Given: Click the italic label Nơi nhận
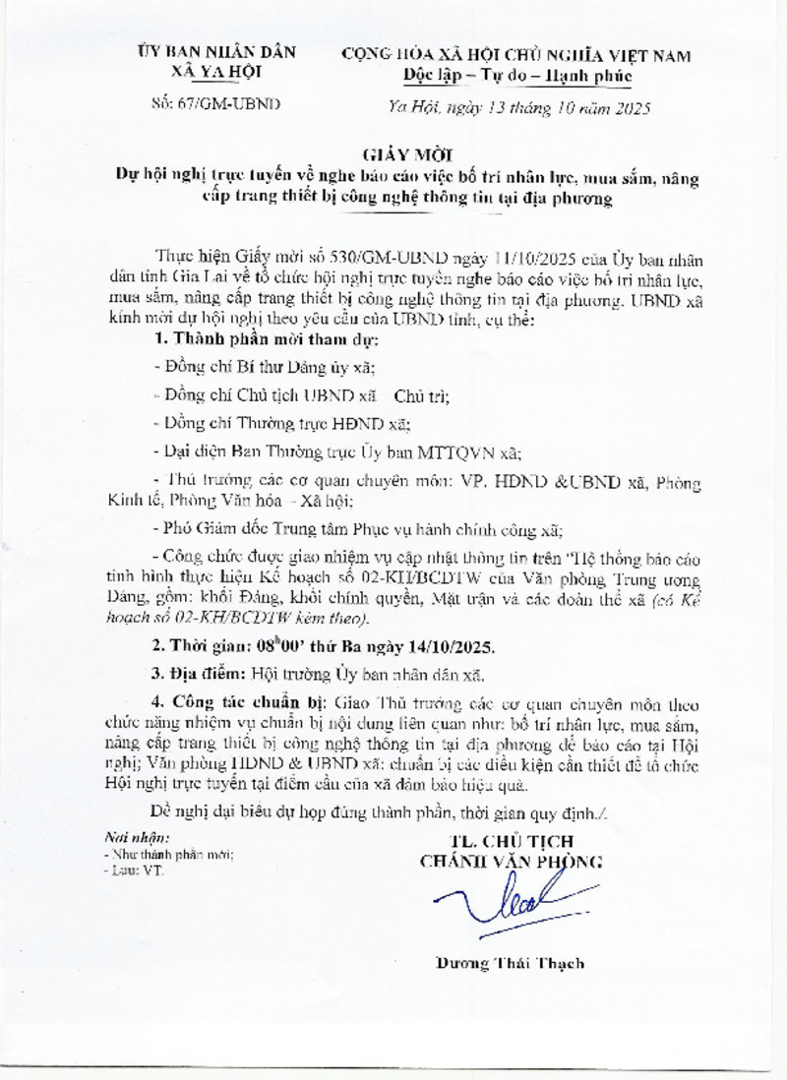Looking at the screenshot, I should [x=137, y=837].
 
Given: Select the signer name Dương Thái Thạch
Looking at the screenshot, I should [x=510, y=963].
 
